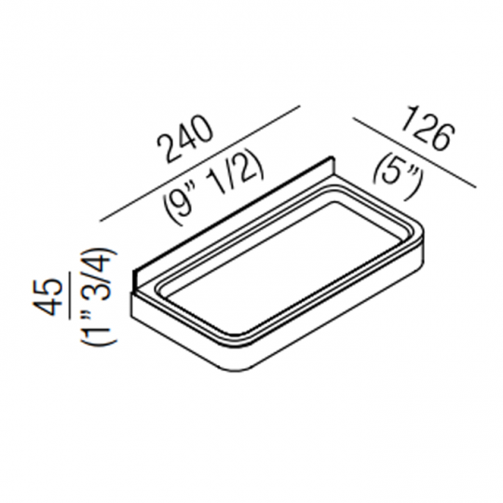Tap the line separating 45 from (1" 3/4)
[x=74, y=295]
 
